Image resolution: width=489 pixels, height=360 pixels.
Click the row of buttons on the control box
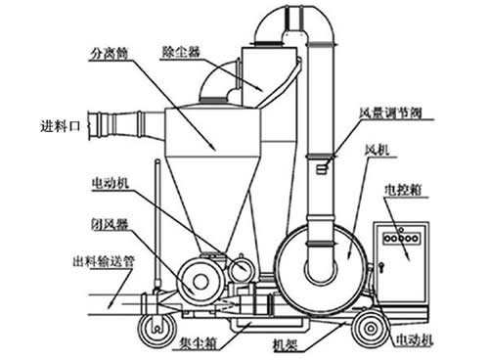[x=401, y=238]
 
